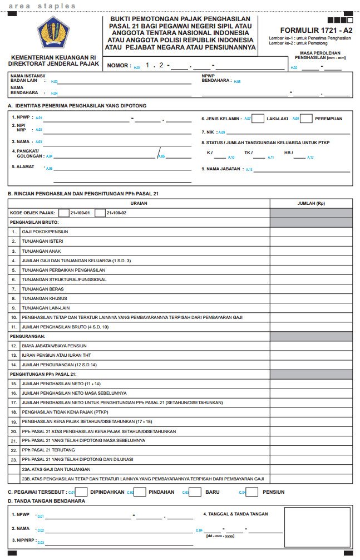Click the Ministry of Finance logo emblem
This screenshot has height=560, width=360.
coord(53,33)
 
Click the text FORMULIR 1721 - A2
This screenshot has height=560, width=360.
coord(316,31)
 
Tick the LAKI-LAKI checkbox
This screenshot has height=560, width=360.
coord(258,119)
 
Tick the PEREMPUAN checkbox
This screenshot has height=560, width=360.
coord(306,119)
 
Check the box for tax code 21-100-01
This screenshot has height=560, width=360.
coord(63,213)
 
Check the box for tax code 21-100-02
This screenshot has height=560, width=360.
coord(100,213)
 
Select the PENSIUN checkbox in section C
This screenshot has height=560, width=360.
coord(252,492)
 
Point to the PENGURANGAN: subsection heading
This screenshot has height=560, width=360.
coord(27,336)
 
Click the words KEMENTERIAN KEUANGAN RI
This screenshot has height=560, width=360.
coord(55,57)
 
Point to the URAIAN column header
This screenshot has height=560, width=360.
coord(139,203)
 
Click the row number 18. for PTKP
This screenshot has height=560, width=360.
coord(14,412)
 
